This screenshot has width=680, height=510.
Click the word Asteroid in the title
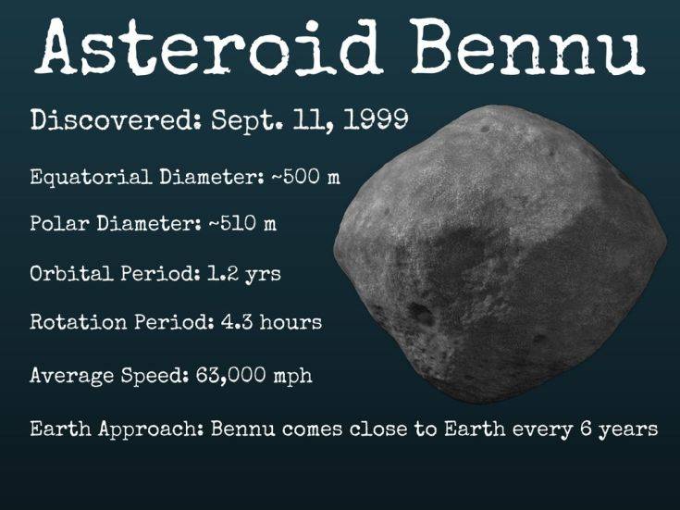(208, 47)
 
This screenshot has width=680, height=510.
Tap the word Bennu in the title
(527, 47)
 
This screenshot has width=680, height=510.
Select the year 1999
(376, 118)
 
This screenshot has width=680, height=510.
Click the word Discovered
(112, 119)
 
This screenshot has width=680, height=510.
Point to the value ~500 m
(305, 176)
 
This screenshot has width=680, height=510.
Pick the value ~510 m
(242, 223)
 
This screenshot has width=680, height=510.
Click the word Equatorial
(91, 177)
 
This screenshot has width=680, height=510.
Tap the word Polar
(60, 223)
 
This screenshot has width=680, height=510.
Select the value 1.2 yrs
(244, 274)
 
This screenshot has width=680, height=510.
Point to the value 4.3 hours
(271, 322)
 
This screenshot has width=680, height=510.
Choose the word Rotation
(79, 322)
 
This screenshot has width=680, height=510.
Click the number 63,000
(230, 375)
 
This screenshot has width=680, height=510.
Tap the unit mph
(292, 377)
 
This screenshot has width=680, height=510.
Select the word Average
(72, 376)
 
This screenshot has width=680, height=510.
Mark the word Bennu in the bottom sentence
(243, 429)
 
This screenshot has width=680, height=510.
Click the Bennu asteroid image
(500, 254)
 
